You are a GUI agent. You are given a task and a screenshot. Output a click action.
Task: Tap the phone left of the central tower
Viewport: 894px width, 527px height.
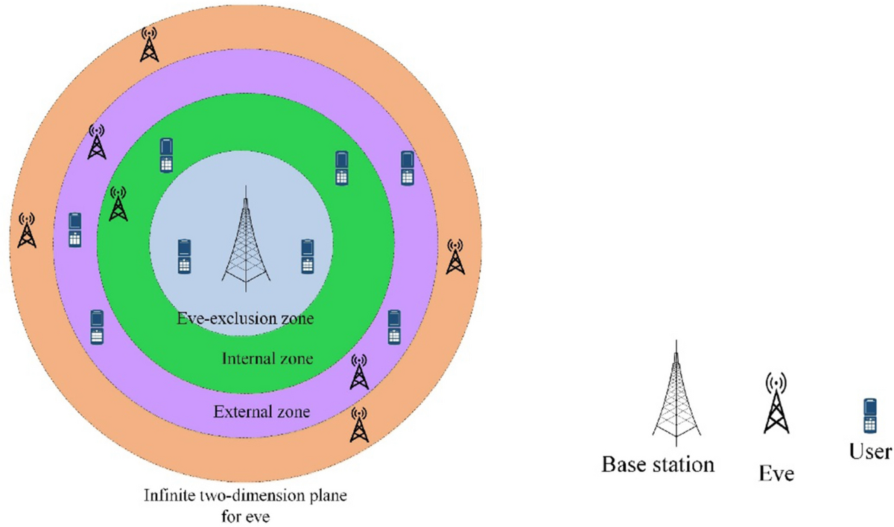click(x=185, y=256)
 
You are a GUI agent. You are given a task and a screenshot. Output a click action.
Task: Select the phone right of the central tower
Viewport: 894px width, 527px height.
click(x=307, y=256)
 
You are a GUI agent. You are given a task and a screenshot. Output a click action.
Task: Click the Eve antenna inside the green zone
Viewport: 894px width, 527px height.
click(x=118, y=204)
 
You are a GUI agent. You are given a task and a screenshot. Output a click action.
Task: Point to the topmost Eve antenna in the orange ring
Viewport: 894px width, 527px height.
click(x=150, y=45)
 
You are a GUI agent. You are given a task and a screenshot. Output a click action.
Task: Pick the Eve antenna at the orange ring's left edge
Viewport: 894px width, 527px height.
click(x=27, y=231)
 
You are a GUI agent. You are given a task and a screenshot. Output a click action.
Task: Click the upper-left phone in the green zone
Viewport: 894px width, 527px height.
click(x=167, y=156)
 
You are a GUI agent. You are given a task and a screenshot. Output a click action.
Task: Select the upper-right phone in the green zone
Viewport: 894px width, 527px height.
click(x=341, y=168)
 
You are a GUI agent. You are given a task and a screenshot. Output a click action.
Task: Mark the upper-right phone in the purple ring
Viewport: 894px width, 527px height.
click(x=407, y=168)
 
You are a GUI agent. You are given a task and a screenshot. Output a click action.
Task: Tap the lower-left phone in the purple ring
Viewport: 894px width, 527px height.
click(x=96, y=327)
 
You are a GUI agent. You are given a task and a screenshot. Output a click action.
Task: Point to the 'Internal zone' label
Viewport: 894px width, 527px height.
click(x=267, y=359)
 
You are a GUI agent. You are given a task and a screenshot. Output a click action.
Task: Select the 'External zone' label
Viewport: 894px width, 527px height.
click(x=261, y=412)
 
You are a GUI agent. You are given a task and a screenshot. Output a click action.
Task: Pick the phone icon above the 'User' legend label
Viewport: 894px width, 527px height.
click(x=869, y=415)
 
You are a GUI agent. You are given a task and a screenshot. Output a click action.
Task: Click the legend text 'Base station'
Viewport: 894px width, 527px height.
click(x=658, y=466)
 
